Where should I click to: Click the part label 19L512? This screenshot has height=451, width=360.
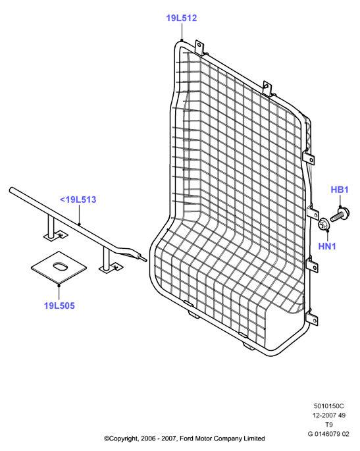click(x=181, y=18)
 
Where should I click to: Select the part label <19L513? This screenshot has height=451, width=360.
click(x=78, y=199)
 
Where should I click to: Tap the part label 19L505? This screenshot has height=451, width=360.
click(x=59, y=305)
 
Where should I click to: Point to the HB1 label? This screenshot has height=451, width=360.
click(x=340, y=190)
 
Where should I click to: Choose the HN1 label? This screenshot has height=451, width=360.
click(x=327, y=246)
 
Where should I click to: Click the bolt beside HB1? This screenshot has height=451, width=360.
click(x=340, y=215)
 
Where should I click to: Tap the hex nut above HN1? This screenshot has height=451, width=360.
click(x=324, y=224)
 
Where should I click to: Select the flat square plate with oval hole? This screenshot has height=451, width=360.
click(x=59, y=267)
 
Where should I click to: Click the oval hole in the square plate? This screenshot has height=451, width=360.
click(x=60, y=265)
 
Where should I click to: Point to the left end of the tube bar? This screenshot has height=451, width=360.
click(x=12, y=190)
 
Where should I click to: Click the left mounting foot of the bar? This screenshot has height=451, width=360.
click(x=55, y=235)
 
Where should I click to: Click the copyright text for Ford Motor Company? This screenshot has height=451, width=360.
click(x=184, y=438)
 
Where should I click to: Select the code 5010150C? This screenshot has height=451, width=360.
click(x=328, y=406)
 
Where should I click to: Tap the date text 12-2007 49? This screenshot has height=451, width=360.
click(x=329, y=415)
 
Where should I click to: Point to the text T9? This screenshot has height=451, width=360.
click(x=328, y=425)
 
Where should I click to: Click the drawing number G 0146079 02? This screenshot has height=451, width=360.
click(x=328, y=434)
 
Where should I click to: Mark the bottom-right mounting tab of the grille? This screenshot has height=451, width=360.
click(x=313, y=319)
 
